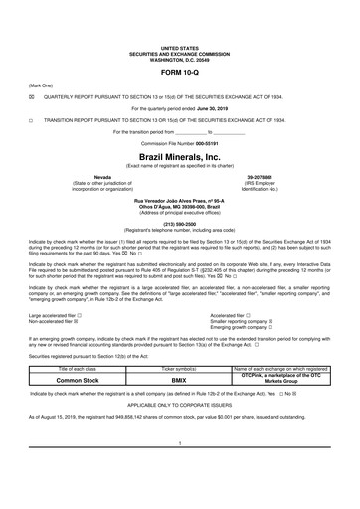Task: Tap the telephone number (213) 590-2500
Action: tap(179, 224)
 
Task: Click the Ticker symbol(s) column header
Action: tap(179, 369)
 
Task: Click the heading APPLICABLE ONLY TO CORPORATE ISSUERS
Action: tap(179, 405)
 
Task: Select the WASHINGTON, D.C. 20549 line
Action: tap(179, 57)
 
